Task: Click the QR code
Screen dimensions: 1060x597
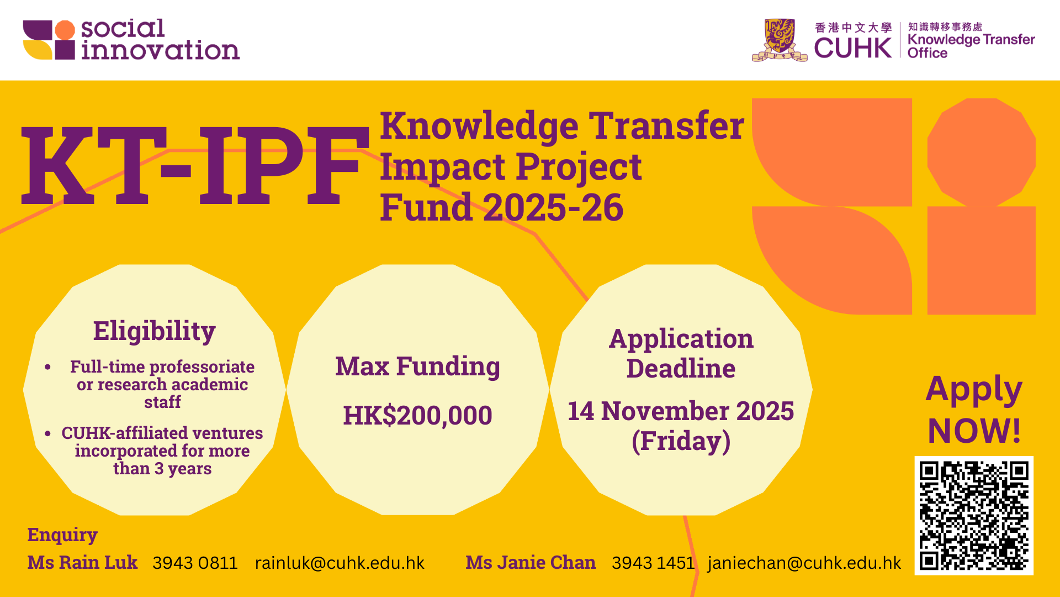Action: [x=974, y=515]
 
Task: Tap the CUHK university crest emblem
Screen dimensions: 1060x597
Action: [x=780, y=40]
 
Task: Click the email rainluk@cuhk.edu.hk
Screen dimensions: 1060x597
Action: [x=340, y=563]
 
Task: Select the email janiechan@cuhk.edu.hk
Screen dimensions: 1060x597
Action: [x=804, y=563]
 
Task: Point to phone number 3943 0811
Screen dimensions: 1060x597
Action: [x=195, y=563]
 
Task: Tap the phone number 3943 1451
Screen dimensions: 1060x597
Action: [x=653, y=563]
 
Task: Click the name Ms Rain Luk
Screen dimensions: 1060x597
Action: [x=82, y=562]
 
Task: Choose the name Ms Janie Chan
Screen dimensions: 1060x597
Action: [x=531, y=562]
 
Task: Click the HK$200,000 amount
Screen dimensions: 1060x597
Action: [x=417, y=416]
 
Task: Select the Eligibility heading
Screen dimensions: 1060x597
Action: [x=154, y=331]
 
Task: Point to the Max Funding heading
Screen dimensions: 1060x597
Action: [x=417, y=367]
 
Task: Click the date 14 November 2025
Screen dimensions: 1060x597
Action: [x=681, y=411]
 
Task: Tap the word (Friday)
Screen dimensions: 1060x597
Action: [x=681, y=441]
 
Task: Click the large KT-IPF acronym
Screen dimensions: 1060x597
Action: [x=195, y=166]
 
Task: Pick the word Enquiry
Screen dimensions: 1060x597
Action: [x=62, y=535]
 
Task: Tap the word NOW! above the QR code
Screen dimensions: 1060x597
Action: [x=974, y=431]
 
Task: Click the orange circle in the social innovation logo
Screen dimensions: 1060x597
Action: [x=65, y=30]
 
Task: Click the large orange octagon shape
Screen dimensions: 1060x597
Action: [x=982, y=153]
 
